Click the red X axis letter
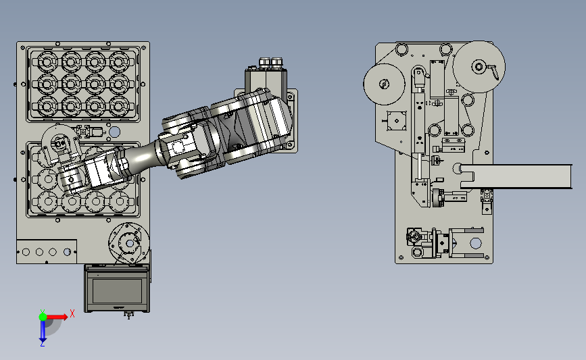72,313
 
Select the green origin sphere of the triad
43,317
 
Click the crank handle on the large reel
493,70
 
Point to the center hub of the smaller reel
384,84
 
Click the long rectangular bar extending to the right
516,176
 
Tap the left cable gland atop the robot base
264,62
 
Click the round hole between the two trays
114,132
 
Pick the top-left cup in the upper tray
47,61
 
